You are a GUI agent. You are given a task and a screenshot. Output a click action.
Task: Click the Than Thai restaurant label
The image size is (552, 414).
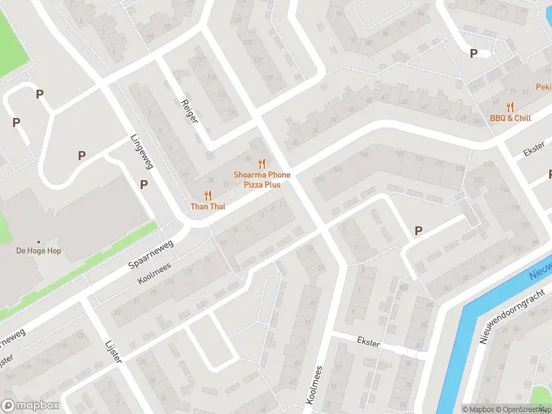208,206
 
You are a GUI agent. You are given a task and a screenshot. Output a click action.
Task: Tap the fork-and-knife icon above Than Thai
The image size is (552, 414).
208,195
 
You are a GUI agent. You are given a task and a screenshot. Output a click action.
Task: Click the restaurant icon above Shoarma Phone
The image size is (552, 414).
262,164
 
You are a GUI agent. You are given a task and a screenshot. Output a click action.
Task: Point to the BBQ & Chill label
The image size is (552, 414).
511,118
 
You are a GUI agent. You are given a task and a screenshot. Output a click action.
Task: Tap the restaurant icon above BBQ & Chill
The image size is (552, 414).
511,106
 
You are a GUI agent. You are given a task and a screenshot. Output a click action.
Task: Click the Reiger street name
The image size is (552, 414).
189,110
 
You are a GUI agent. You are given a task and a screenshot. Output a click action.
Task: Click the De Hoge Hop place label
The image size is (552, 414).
39,250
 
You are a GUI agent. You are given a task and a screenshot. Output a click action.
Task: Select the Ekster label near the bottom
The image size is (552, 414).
368,341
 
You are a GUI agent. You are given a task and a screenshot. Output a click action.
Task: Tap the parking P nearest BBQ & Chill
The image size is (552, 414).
473,53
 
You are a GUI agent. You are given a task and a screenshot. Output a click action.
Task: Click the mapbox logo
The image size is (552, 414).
30,406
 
